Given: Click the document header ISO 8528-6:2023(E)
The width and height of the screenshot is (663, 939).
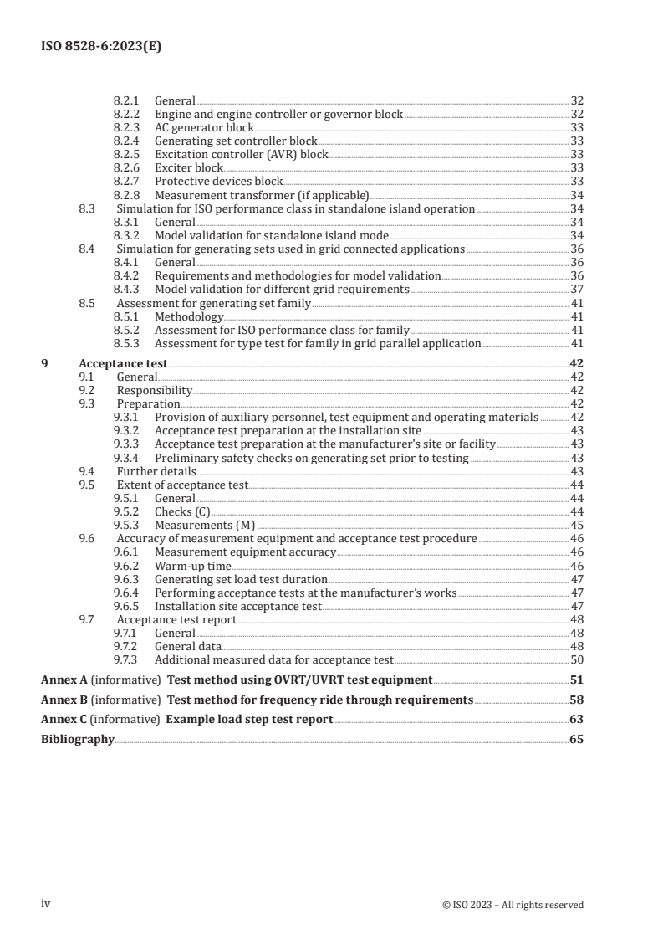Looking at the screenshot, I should point(101,48).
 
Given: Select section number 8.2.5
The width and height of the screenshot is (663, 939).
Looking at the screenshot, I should point(127,154).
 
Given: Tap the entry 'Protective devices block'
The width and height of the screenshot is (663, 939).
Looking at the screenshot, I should point(219,181).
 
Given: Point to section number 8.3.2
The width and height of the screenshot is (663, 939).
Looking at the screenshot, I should point(127,235).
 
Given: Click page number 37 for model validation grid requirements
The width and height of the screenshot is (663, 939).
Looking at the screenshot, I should point(576,289).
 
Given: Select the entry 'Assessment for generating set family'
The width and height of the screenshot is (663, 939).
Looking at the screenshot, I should point(213,303).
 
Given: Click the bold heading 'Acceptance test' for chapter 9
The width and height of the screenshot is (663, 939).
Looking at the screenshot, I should point(123,364).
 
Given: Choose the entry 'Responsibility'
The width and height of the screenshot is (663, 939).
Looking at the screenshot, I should point(155,391).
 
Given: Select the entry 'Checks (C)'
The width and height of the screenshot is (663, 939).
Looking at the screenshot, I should point(183,511).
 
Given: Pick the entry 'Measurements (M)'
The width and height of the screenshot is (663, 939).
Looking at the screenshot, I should point(199,525).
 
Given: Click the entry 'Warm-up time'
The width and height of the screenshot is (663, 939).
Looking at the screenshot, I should point(192,566).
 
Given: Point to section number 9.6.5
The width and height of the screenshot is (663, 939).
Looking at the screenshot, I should point(127,606).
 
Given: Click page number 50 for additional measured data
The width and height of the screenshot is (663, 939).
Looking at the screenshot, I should point(576,659).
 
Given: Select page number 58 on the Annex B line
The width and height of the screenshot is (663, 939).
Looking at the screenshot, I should point(576,700).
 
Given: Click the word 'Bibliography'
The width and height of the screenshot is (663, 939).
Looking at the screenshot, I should point(78,740).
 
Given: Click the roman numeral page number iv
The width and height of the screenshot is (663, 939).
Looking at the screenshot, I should point(47,904).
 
